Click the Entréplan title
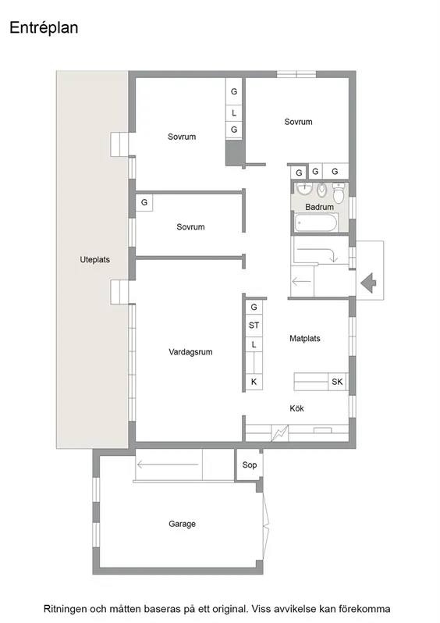44,28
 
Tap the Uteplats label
94,260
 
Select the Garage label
182,524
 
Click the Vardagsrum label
190,352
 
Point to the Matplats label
305,339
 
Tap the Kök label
296,408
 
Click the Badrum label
319,207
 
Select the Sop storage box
249,465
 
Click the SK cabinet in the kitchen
337,382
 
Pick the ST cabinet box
254,325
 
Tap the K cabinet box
254,382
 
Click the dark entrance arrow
368,280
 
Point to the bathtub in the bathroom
316,223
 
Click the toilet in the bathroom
339,190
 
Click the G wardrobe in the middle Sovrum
144,203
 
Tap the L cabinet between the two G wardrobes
234,112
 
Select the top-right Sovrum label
298,122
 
